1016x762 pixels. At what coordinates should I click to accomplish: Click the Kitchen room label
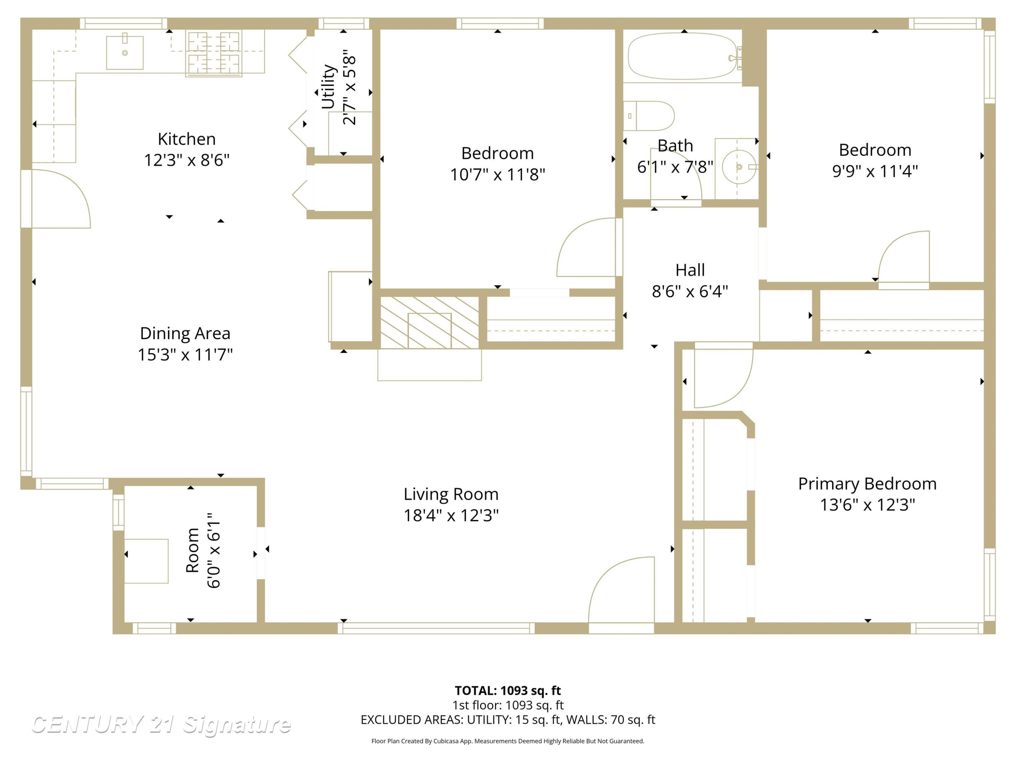(187, 139)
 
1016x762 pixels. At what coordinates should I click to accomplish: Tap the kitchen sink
(125, 53)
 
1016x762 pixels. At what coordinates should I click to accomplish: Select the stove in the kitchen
(214, 53)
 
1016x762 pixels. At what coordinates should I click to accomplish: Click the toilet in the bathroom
(649, 116)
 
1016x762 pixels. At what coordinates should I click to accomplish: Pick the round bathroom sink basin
(739, 167)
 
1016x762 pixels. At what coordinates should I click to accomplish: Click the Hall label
(690, 270)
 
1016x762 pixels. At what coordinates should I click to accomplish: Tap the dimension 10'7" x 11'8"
(498, 174)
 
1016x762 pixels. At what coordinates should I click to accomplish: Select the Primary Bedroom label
(867, 484)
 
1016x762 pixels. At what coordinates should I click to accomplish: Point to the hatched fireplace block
(429, 322)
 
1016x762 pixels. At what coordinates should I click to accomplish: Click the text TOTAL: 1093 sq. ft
(508, 690)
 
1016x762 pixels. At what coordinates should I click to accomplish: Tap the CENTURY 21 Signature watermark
(161, 724)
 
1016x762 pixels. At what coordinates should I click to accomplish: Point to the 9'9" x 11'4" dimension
(875, 171)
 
